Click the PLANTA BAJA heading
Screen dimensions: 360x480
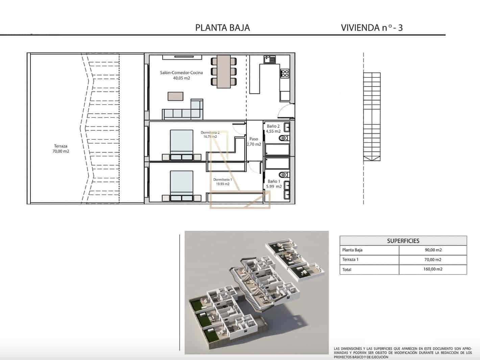222,28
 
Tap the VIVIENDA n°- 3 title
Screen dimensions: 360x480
371,28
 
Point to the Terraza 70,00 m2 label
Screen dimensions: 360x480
61,149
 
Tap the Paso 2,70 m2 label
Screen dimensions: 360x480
254,141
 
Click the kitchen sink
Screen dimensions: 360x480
270,60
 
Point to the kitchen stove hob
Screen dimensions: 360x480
285,73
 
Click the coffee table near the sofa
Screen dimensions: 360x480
175,96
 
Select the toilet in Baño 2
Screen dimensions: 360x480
283,138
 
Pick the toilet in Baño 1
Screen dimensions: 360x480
283,175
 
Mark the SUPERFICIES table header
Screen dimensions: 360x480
403,241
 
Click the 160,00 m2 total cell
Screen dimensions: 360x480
433,269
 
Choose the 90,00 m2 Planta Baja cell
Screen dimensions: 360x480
433,250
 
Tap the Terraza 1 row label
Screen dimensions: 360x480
350,260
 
